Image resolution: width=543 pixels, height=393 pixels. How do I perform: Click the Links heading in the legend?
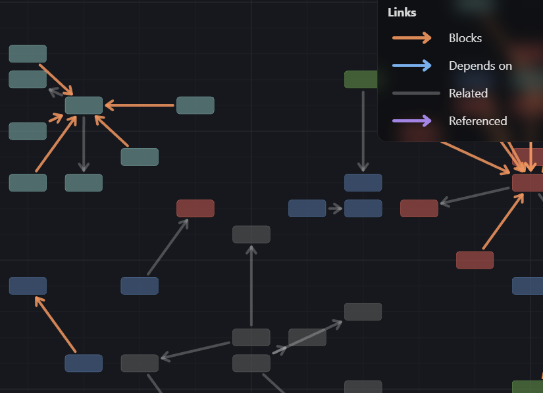coord(402,13)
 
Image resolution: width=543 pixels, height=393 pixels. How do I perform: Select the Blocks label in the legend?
coord(465,38)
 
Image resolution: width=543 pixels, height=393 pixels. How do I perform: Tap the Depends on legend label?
coord(480,66)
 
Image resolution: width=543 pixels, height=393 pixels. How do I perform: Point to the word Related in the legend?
coord(468,93)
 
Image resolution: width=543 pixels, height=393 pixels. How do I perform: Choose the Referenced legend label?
coord(478,121)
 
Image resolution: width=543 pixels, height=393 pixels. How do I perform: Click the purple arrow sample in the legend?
coord(412,120)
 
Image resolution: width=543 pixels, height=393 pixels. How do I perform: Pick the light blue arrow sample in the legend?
coord(412,65)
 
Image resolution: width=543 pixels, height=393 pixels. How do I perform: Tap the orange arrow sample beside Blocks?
coord(412,38)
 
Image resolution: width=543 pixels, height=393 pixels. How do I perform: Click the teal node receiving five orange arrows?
coord(84,105)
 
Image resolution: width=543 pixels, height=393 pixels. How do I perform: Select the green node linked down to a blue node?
coord(361,80)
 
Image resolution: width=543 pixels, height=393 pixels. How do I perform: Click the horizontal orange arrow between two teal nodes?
coord(140,105)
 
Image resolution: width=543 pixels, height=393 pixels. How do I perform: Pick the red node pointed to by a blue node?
coord(195,209)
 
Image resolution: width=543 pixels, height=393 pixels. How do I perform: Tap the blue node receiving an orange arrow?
coord(28,286)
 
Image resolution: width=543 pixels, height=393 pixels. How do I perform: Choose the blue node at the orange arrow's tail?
coord(84,363)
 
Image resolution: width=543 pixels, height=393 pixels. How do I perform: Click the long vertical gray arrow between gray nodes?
coord(251,286)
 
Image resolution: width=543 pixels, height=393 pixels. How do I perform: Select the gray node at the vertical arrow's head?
coord(251,234)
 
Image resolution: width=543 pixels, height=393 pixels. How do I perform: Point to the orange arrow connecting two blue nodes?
coord(56,324)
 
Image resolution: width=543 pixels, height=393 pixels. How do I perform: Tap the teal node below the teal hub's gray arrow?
coord(84,182)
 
